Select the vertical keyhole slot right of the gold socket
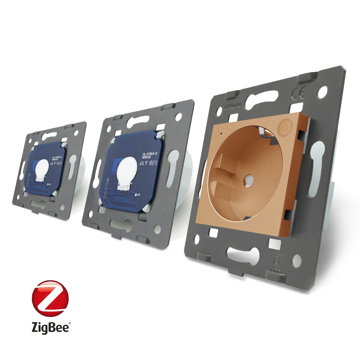[317, 163]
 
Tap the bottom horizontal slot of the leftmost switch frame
[39, 204]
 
